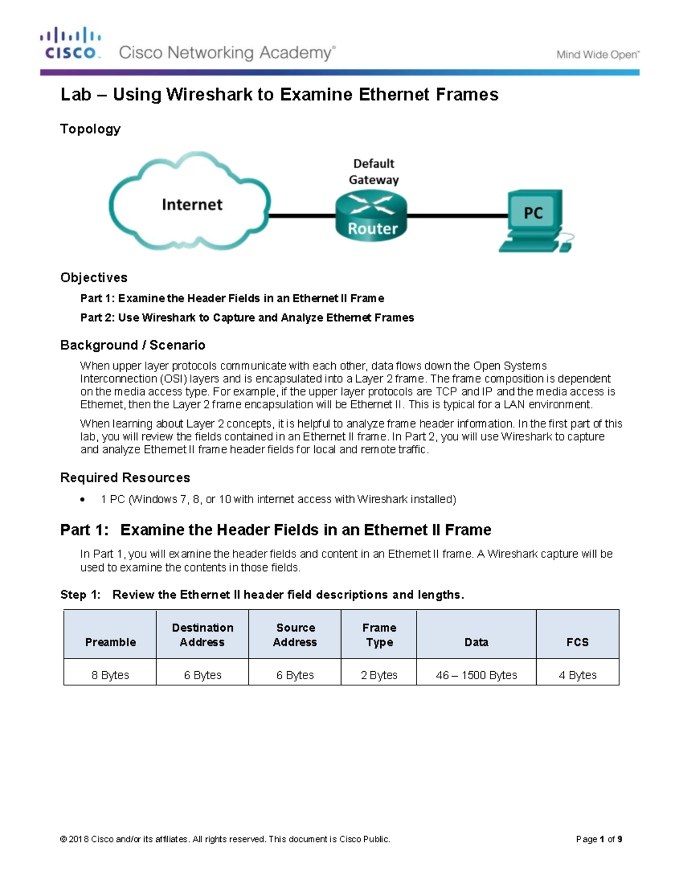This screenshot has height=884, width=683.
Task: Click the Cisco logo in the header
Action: point(71,44)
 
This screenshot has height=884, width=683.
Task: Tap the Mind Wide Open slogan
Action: point(598,55)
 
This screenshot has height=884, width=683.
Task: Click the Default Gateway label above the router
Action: point(373,171)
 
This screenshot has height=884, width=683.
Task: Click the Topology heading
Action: point(90,129)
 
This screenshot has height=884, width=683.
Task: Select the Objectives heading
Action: point(94,277)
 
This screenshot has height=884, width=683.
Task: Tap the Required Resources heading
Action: point(125,478)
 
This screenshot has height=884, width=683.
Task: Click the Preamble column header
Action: point(110,642)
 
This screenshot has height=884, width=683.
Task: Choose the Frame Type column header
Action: point(379,634)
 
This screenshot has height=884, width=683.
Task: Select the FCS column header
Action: point(577,642)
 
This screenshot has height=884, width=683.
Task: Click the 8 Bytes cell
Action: point(110,675)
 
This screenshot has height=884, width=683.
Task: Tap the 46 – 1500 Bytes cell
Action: point(476,675)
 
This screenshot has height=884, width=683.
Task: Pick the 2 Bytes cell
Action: point(379,675)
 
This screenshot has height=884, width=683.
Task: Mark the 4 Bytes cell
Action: point(577,675)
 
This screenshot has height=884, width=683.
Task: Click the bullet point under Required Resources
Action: point(83,500)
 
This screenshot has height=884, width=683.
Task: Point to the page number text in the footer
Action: point(599,838)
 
